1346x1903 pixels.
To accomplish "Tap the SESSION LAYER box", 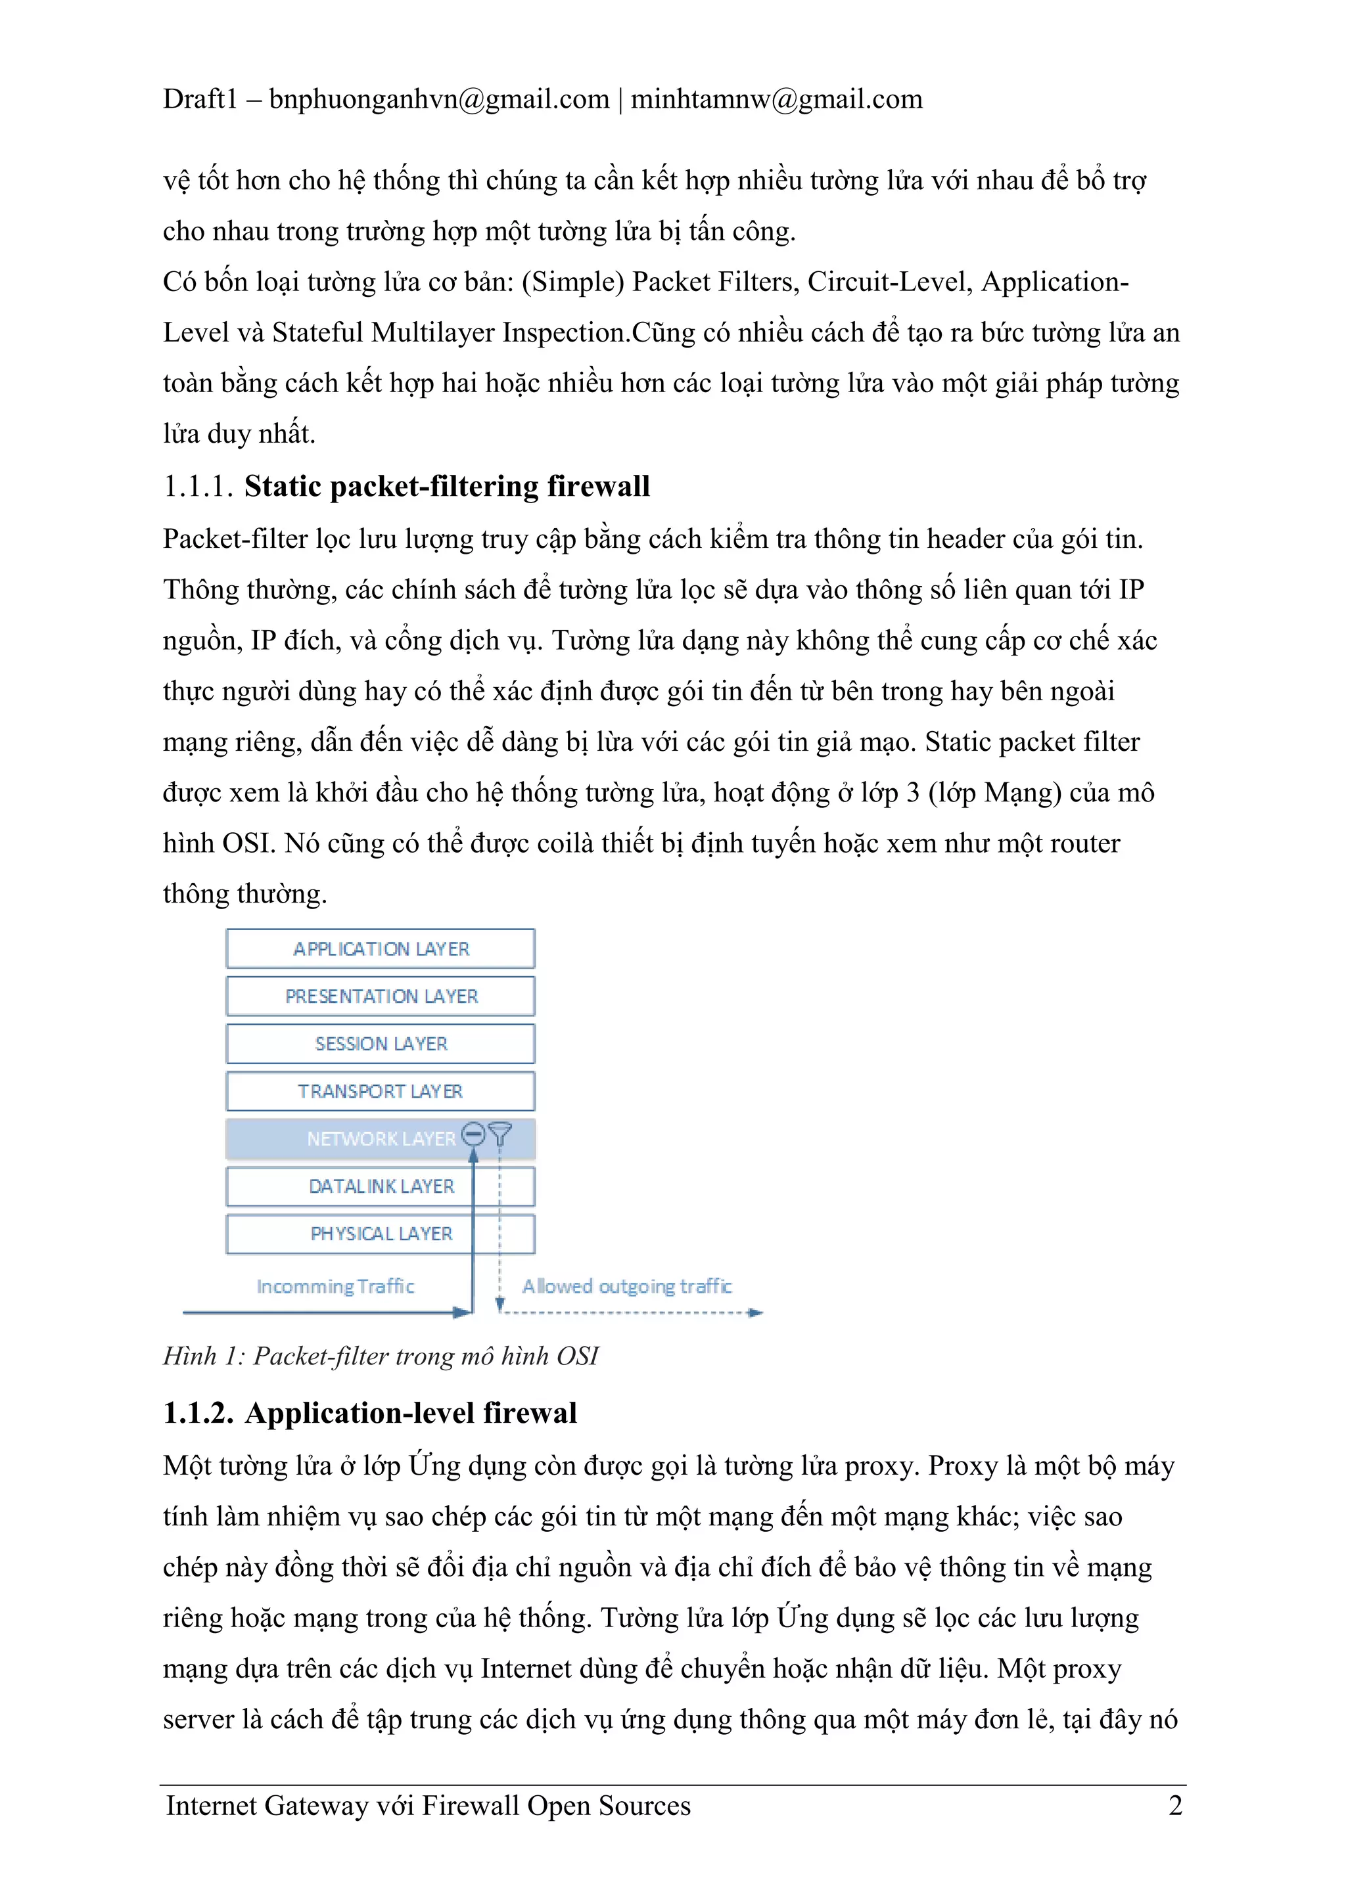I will (x=381, y=1044).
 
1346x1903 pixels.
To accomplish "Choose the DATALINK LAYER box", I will (x=381, y=1186).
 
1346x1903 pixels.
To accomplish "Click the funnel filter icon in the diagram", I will (x=500, y=1133).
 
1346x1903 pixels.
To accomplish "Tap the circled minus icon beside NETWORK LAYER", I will (x=473, y=1133).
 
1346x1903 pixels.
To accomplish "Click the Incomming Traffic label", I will (x=335, y=1286).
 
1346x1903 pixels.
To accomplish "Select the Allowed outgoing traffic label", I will (x=626, y=1286).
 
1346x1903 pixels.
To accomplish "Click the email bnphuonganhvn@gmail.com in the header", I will (x=439, y=99).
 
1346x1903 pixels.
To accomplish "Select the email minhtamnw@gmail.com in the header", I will (x=776, y=99).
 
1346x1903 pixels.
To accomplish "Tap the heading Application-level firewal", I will (x=411, y=1413).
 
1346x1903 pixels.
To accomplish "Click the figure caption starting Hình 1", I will (x=381, y=1356).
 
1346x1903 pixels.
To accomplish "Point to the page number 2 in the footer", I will (x=1175, y=1805).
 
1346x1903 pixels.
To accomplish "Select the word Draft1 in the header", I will (x=200, y=99).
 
